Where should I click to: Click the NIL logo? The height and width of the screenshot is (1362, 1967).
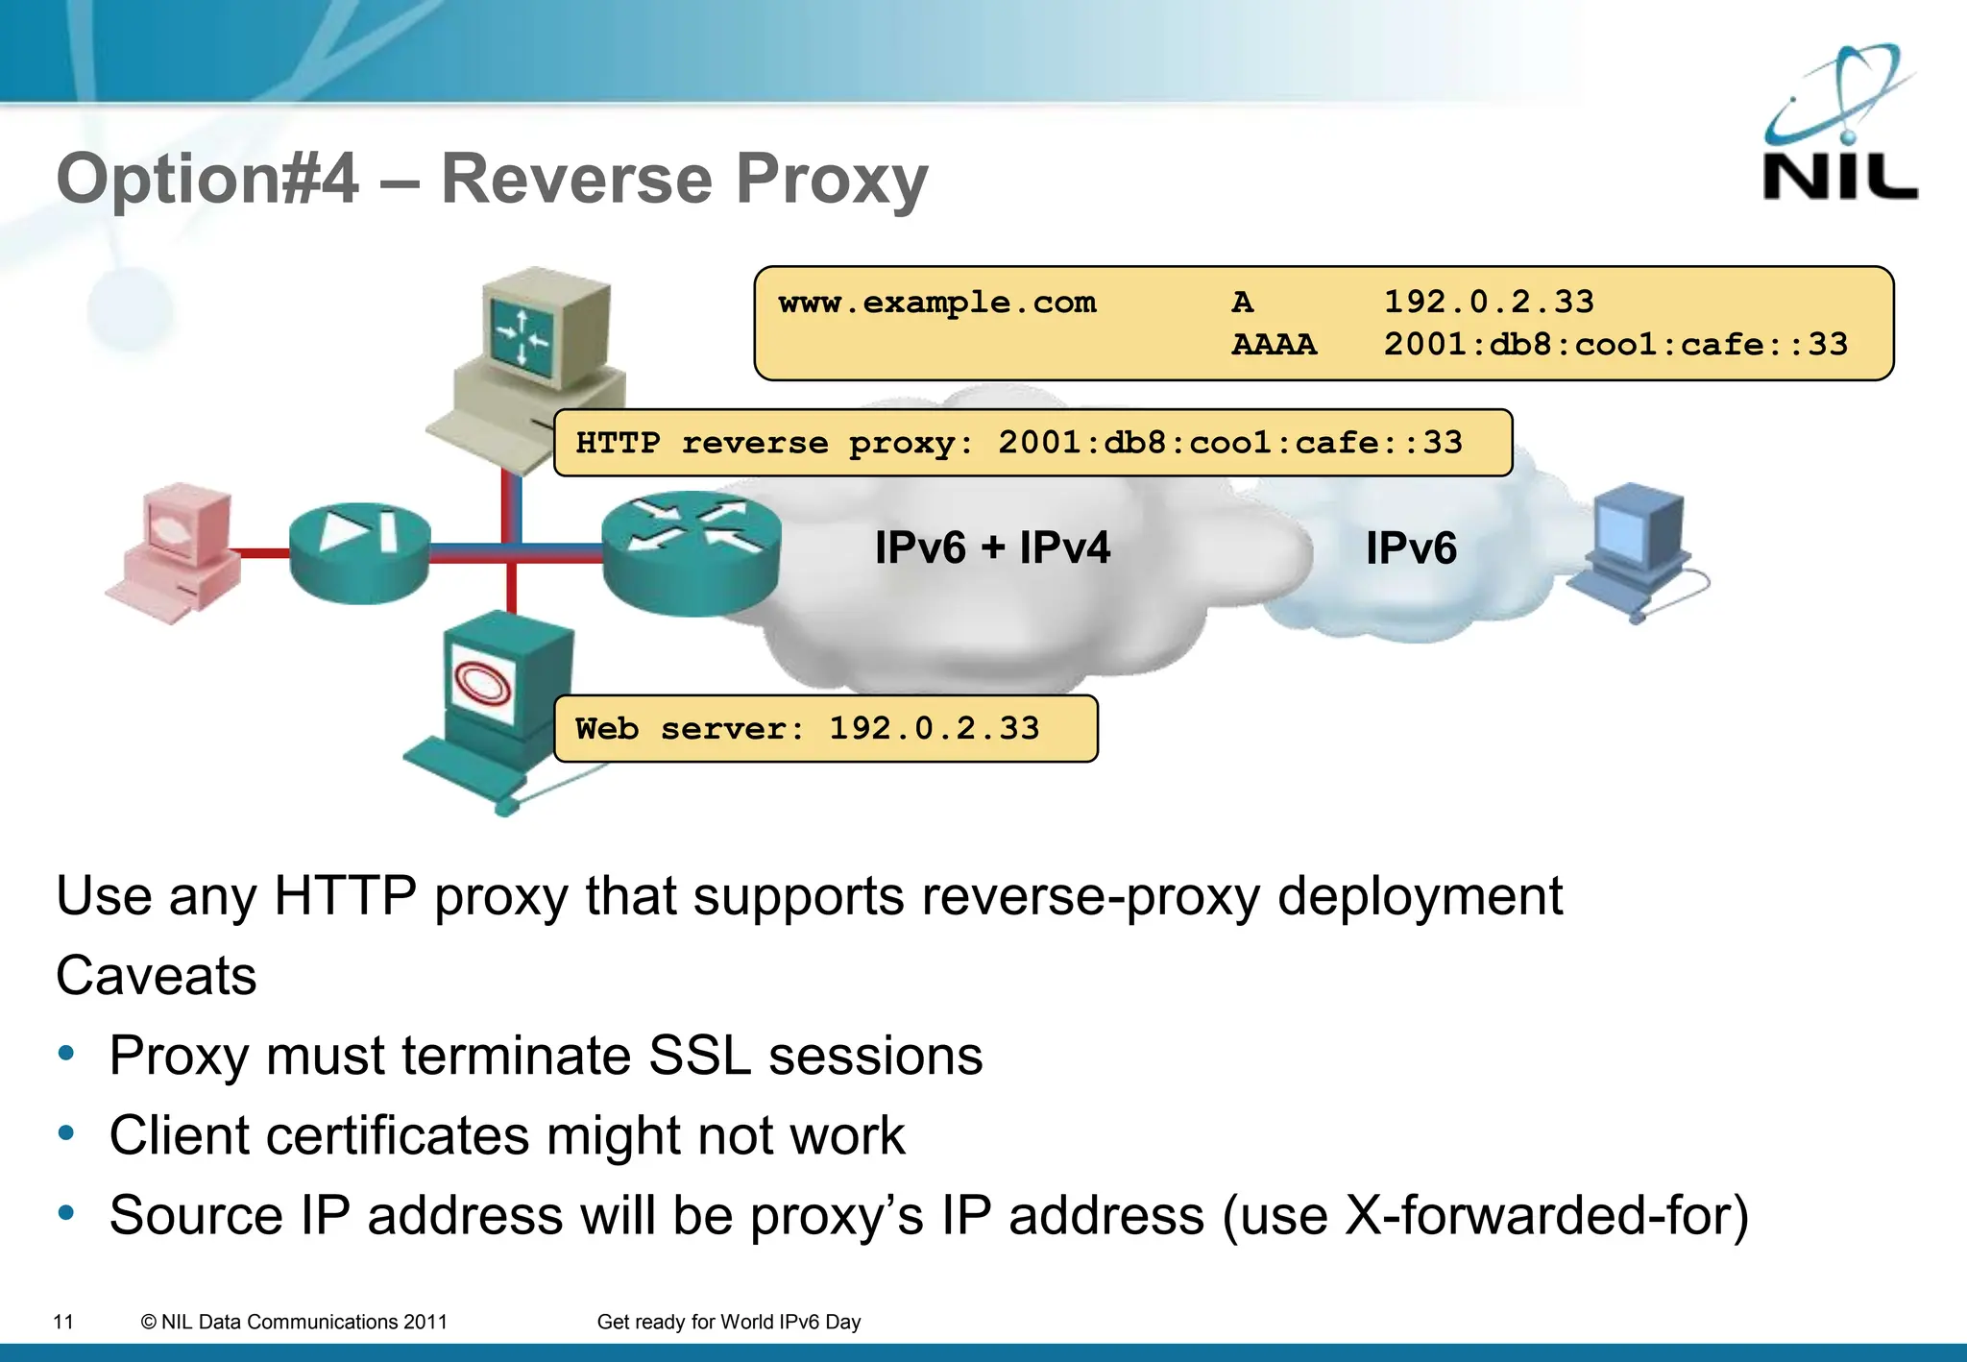(x=1839, y=125)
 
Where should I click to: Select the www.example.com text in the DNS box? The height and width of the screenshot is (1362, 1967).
(x=936, y=303)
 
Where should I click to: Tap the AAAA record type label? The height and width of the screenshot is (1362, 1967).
(x=1274, y=344)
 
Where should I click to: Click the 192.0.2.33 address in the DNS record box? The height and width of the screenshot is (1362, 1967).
(x=1488, y=302)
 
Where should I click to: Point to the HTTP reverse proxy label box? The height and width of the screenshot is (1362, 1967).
(x=1032, y=443)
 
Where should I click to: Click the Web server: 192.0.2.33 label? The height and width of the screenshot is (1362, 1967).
(x=825, y=728)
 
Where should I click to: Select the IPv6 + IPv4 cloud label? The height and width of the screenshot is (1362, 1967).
(x=992, y=547)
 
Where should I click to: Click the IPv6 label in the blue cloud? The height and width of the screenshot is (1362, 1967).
(x=1411, y=548)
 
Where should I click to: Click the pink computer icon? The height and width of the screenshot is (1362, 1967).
(x=178, y=552)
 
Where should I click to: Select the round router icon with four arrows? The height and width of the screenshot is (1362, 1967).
(x=691, y=552)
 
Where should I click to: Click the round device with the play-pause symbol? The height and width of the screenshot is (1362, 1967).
(x=359, y=552)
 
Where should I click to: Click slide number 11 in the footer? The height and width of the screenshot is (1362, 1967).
(x=63, y=1322)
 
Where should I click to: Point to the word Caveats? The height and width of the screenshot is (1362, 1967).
(x=157, y=976)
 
